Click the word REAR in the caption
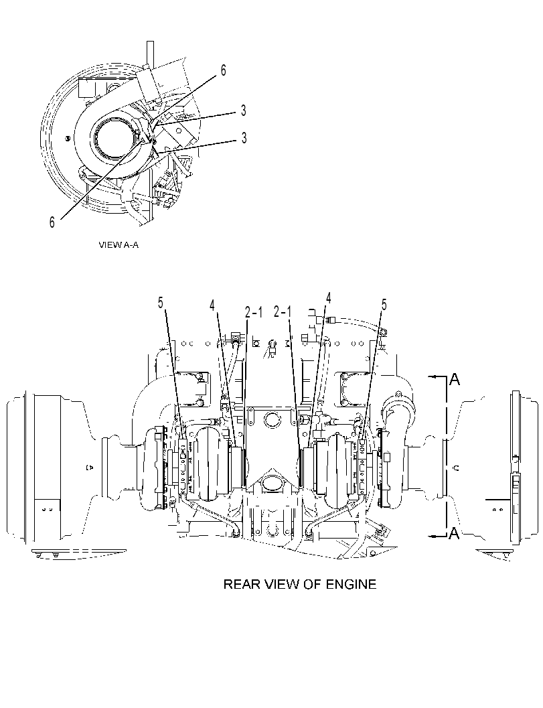(242, 584)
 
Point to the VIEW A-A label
(119, 245)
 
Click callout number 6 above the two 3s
(223, 70)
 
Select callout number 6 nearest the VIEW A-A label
(52, 222)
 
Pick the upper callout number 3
(243, 110)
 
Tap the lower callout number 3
(244, 138)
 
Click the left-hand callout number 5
(161, 303)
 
